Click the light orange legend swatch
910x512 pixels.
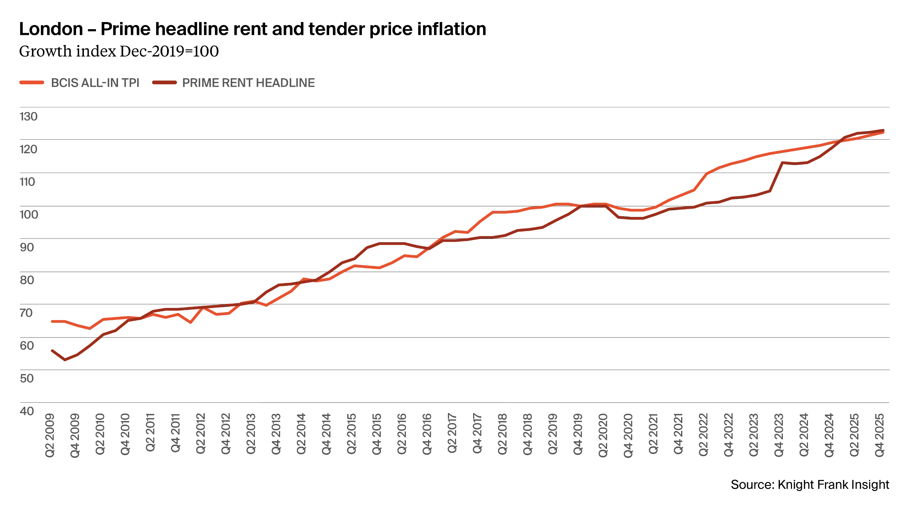click(31, 82)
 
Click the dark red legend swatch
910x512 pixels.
click(164, 82)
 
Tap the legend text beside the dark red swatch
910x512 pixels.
click(248, 82)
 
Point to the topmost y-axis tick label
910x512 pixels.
click(28, 117)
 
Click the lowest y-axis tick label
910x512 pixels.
click(28, 410)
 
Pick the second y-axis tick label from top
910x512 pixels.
click(28, 149)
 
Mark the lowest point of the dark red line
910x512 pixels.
click(65, 361)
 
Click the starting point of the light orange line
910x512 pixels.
click(51, 321)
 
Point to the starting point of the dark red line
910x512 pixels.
click(51, 350)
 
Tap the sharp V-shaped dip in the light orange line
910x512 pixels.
click(191, 322)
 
